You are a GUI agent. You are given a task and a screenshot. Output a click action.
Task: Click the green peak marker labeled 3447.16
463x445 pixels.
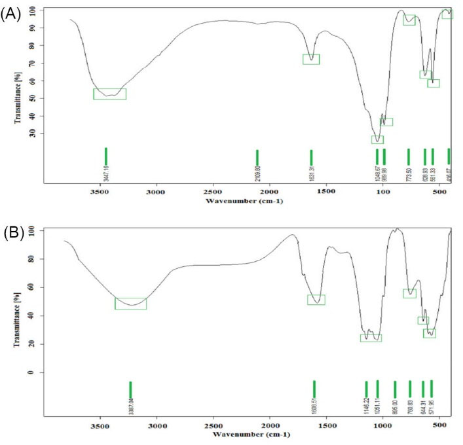tap(106, 156)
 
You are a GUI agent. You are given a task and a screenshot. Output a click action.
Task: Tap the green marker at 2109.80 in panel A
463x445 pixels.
tap(257, 157)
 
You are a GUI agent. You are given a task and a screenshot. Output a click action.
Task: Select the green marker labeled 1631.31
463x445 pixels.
tap(311, 157)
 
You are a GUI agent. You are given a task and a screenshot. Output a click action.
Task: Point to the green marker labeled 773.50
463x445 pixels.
tap(409, 157)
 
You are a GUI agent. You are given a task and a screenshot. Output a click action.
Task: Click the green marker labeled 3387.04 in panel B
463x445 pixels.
tap(130, 389)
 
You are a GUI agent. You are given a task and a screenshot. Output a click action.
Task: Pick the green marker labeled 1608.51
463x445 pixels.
tap(314, 388)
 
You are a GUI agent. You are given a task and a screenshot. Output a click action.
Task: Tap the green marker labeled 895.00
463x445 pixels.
tap(395, 388)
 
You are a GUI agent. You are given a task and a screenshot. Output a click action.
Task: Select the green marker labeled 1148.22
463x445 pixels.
tap(366, 388)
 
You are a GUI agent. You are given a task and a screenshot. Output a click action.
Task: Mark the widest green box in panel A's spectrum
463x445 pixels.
tap(109, 94)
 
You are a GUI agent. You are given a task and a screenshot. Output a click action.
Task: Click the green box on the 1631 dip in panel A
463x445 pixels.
tap(311, 59)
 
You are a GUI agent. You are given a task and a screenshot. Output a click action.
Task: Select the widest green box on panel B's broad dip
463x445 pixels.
tap(130, 304)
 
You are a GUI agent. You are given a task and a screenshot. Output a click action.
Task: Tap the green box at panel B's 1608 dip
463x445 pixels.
tap(316, 300)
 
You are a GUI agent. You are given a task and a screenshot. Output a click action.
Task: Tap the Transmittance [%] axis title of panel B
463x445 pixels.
tap(15, 302)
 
